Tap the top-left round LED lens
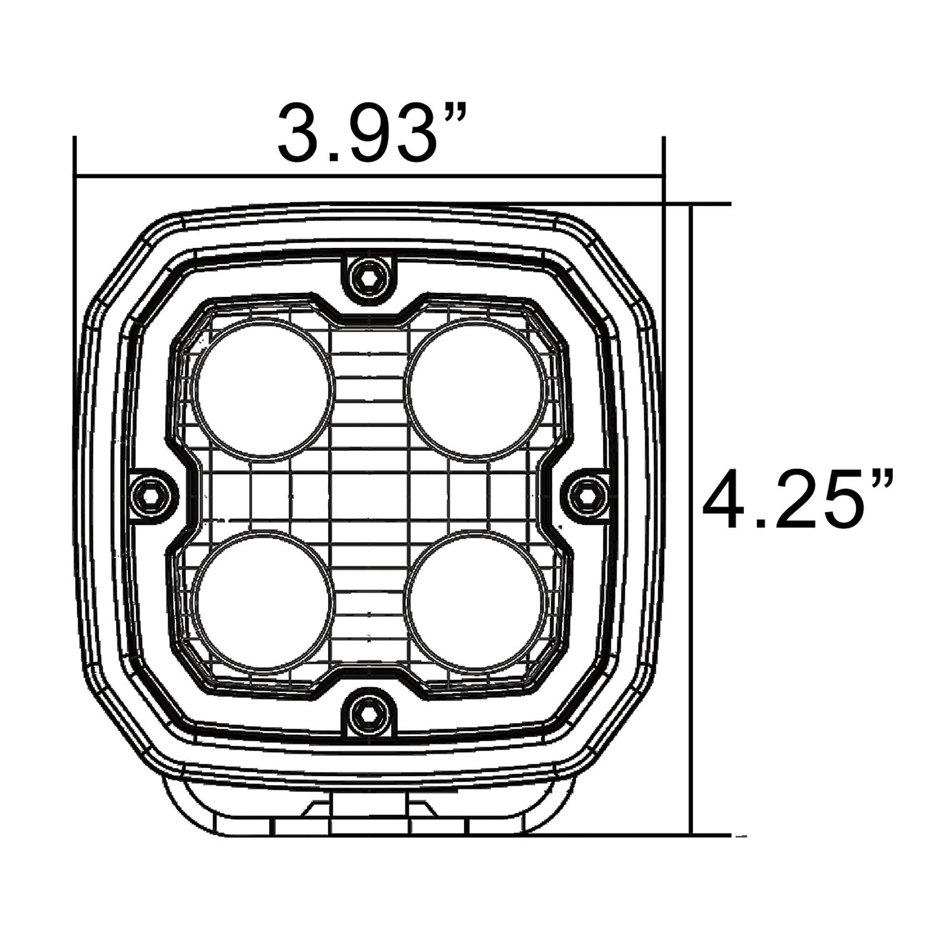tap(264, 388)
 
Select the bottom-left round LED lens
tap(264, 601)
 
